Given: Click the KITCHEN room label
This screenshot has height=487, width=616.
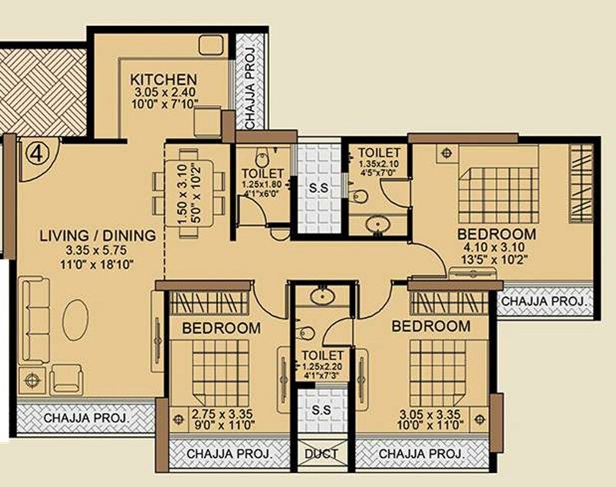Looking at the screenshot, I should click(x=163, y=79).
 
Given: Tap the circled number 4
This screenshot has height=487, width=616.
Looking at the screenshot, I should click(x=32, y=152).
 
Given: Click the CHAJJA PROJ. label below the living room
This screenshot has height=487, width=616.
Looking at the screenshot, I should click(x=85, y=419).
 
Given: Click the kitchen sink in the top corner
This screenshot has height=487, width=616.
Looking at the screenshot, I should click(x=210, y=45).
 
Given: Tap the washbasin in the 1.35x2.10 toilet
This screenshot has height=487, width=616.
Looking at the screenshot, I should click(x=377, y=225).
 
